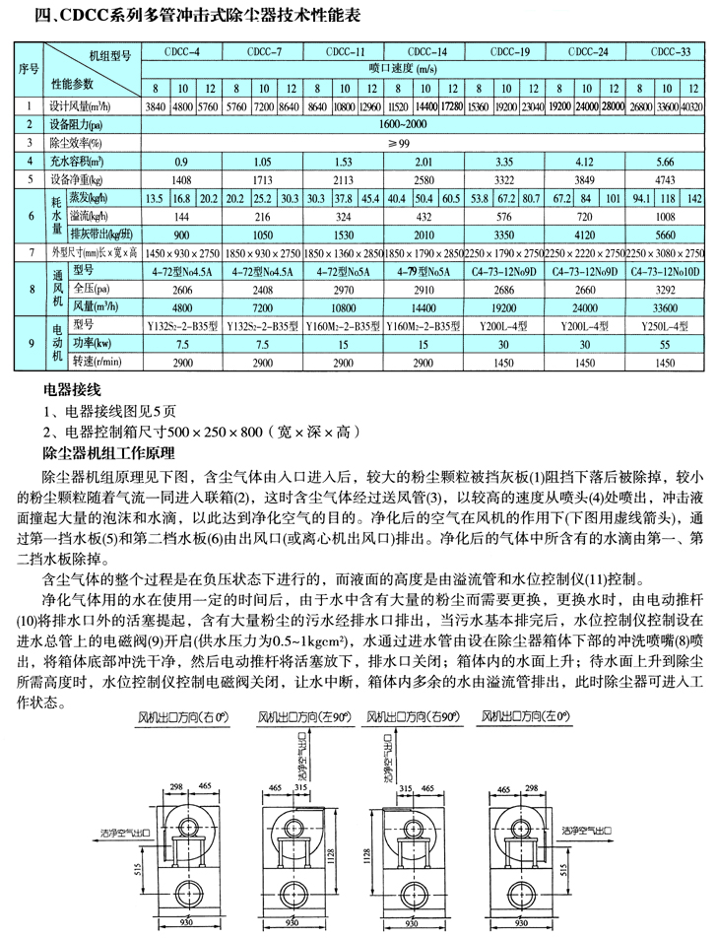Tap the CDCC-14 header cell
point(426,50)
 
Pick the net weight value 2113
point(344,179)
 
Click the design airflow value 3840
point(156,104)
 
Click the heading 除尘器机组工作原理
point(108,452)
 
